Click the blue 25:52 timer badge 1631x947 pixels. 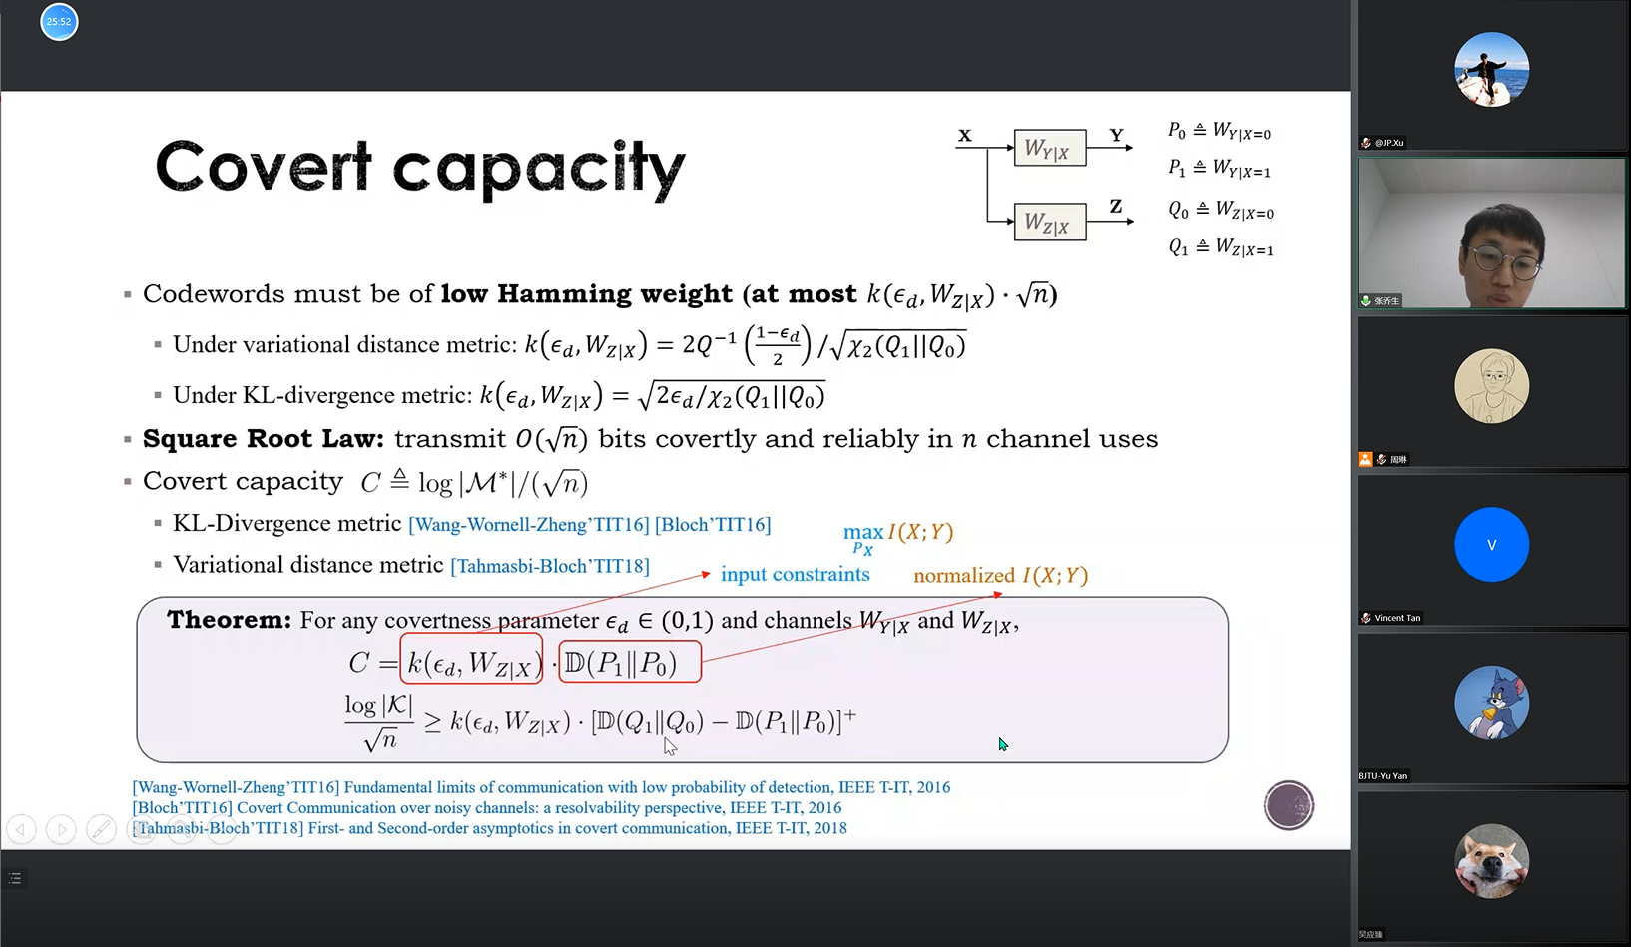(x=59, y=22)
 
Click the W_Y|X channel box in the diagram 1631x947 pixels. (x=1050, y=148)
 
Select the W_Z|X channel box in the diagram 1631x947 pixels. (x=1050, y=222)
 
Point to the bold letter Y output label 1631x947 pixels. (x=1116, y=135)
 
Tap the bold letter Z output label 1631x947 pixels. (x=1116, y=206)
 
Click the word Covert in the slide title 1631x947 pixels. (x=264, y=167)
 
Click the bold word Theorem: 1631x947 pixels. (x=229, y=620)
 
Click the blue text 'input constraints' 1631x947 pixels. (x=796, y=574)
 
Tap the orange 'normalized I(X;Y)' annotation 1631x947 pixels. (x=1001, y=575)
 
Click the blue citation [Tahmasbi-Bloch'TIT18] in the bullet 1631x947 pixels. (x=550, y=566)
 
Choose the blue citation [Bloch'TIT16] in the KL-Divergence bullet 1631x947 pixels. (x=712, y=524)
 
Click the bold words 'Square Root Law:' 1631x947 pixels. (x=263, y=438)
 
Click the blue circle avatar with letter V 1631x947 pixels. (x=1491, y=544)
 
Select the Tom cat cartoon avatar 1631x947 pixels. (x=1491, y=703)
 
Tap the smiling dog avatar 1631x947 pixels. (x=1491, y=861)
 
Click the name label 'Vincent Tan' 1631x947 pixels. (x=1397, y=618)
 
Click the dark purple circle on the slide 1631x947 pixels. (x=1288, y=805)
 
